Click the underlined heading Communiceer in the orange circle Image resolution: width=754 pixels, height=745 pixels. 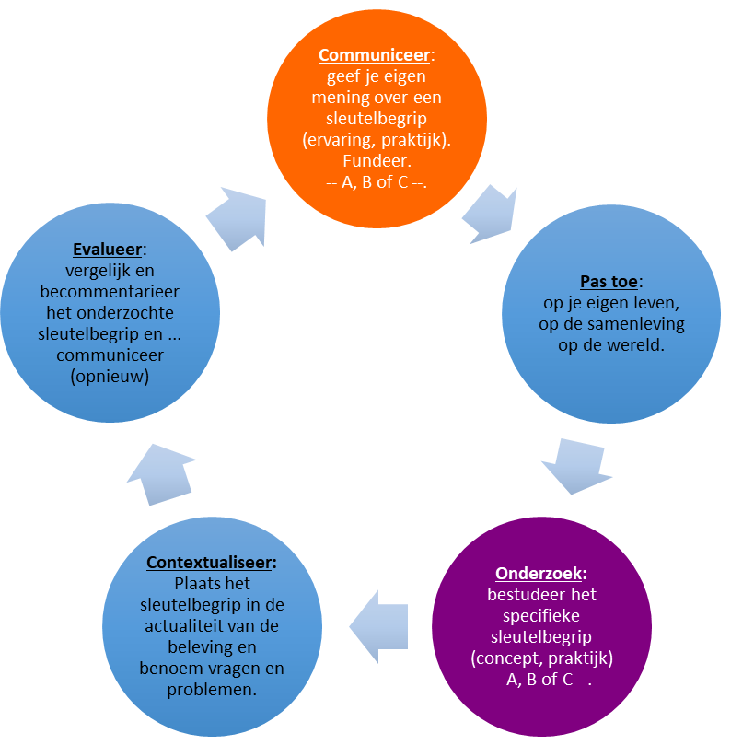point(373,56)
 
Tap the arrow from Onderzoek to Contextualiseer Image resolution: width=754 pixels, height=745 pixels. point(377,626)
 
